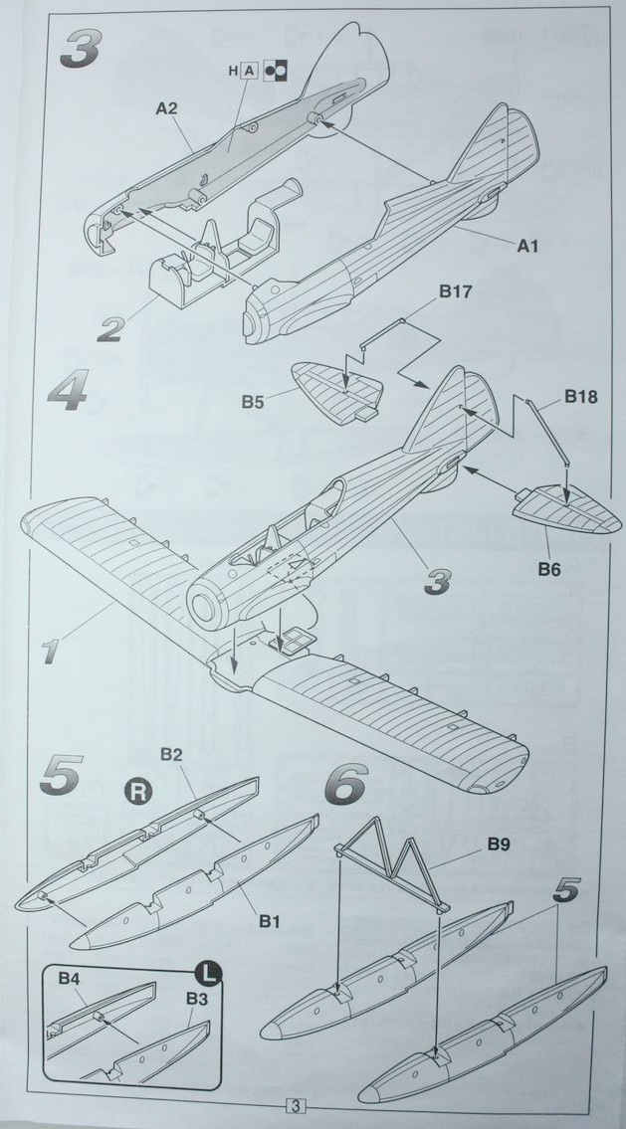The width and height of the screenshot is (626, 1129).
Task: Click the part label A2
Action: click(x=166, y=107)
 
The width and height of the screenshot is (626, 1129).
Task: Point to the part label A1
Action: click(x=526, y=246)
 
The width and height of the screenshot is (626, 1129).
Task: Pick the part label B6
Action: click(x=549, y=568)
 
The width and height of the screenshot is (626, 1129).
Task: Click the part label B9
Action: click(x=500, y=846)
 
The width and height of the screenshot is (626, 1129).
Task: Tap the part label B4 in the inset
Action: click(x=69, y=980)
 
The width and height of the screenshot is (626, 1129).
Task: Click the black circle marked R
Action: click(x=136, y=794)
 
